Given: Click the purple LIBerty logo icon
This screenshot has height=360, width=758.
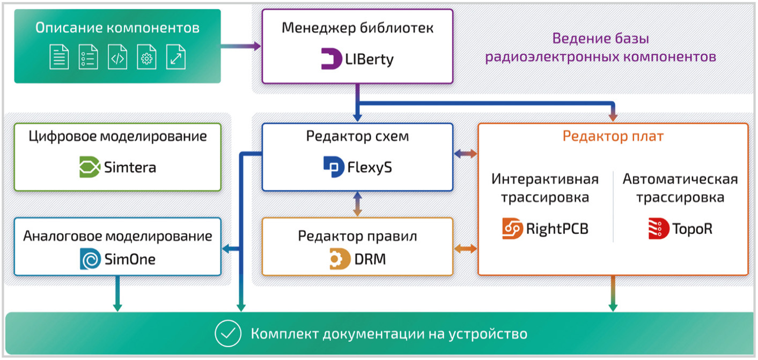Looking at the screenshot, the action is (x=332, y=58).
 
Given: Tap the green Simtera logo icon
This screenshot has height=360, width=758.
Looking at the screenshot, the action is (x=90, y=167).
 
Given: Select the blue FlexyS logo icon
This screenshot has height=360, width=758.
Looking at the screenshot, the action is (x=334, y=167).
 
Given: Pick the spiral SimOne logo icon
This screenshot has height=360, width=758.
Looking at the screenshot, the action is (x=90, y=259).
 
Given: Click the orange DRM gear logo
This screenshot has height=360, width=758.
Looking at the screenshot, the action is (x=340, y=259).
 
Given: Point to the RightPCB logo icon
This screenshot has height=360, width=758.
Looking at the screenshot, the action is (x=513, y=229).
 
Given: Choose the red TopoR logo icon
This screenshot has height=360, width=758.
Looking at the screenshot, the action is (x=659, y=229).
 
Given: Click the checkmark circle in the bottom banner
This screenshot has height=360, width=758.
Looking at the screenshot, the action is (x=228, y=334).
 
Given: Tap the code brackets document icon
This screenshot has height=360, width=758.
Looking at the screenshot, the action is (x=117, y=57).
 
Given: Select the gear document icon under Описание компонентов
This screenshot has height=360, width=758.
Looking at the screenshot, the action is (x=146, y=57).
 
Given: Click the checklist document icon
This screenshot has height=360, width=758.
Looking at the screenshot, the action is (x=89, y=57).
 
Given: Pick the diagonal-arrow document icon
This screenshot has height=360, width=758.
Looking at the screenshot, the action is (x=175, y=57).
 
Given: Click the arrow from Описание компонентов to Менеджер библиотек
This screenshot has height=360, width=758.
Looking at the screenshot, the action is (x=241, y=46).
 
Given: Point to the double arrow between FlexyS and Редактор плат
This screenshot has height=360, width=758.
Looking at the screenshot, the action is (x=466, y=154).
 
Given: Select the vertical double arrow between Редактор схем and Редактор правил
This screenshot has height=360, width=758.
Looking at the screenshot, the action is (x=358, y=204).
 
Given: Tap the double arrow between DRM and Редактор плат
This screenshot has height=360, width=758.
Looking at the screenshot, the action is (x=466, y=249).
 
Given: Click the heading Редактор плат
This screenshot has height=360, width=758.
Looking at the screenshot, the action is (x=613, y=136).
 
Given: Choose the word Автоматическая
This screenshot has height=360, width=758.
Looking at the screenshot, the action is (x=680, y=179).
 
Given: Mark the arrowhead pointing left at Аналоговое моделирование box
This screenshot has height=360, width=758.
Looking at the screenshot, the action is (x=226, y=249).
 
